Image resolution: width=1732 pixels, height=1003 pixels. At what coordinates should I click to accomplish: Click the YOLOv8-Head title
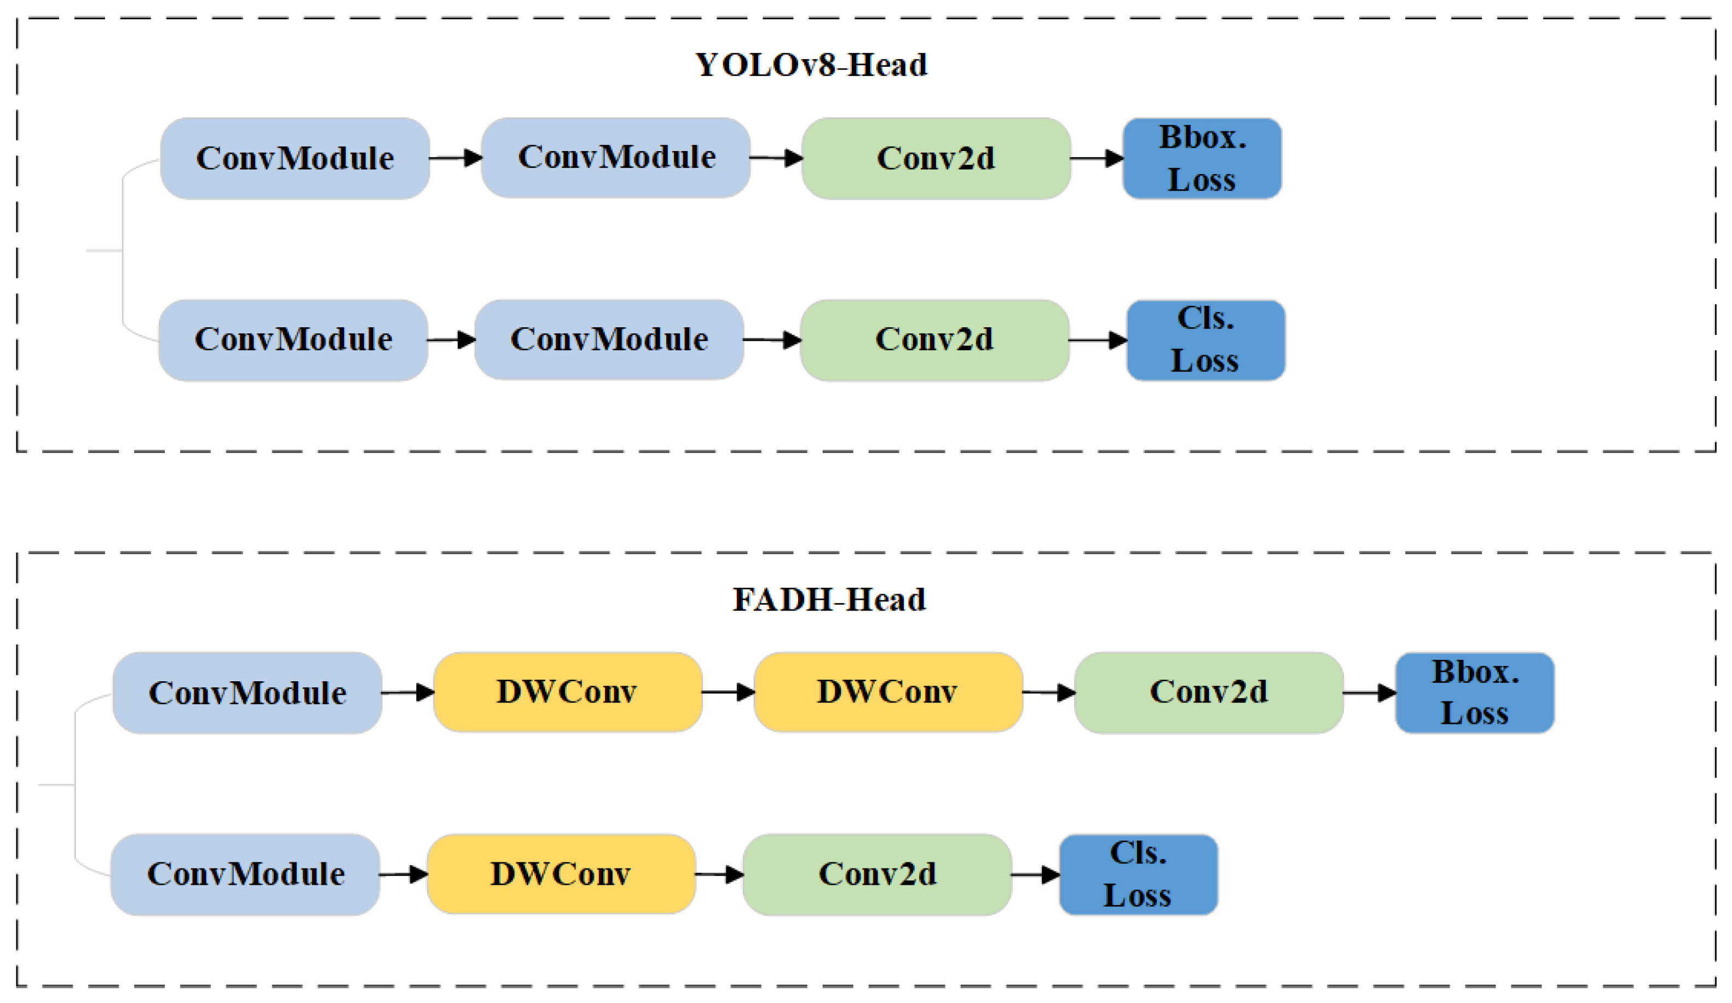[x=811, y=65]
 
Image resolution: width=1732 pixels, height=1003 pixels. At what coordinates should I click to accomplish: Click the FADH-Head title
[x=829, y=600]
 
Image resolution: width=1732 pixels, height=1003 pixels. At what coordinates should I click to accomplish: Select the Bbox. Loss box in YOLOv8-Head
[x=1202, y=159]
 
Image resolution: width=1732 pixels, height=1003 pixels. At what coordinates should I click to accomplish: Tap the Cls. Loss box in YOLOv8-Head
[x=1205, y=340]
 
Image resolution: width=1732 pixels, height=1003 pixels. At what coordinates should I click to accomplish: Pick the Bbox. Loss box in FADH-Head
[x=1474, y=693]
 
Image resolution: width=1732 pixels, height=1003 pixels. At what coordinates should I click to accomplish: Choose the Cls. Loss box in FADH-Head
[x=1138, y=874]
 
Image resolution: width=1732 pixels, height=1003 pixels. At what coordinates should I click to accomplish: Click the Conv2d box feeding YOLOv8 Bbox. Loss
[x=936, y=159]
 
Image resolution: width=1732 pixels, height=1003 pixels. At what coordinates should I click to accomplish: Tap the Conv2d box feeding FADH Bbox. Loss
[x=1208, y=693]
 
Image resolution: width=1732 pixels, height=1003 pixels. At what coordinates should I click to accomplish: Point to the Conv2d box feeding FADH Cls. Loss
[x=877, y=874]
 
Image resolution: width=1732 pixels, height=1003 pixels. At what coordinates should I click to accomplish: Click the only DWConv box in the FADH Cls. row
[x=561, y=874]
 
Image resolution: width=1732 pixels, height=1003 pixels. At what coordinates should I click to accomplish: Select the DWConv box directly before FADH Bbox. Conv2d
[x=888, y=692]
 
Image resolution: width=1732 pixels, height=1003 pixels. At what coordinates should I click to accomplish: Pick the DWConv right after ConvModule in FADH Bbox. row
[x=568, y=692]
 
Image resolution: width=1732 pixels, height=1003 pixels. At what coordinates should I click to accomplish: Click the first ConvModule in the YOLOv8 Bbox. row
[x=295, y=159]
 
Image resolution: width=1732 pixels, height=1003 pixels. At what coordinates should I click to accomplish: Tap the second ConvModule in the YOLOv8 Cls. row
[x=609, y=339]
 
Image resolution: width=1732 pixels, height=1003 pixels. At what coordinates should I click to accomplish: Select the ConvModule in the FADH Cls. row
[x=245, y=874]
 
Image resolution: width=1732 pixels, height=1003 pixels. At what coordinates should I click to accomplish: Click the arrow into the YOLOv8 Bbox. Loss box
[x=1096, y=159]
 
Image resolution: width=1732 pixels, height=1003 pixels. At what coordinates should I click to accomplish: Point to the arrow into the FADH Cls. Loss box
[x=1035, y=874]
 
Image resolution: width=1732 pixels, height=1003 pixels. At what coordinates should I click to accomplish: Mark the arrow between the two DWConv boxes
[x=728, y=692]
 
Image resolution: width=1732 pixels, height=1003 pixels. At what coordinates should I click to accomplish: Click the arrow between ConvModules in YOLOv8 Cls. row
[x=451, y=339]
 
